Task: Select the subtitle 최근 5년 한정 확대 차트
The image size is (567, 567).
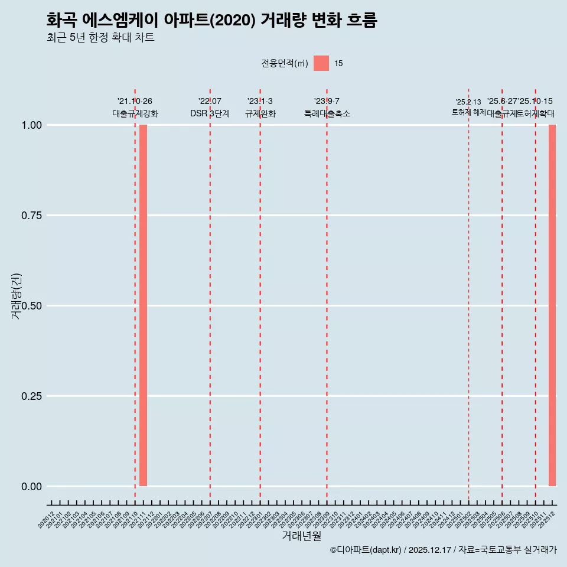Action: (100, 38)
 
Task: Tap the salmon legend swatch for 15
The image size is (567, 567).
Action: (321, 63)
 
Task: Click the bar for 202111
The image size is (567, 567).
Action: (144, 305)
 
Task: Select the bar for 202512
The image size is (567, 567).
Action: (552, 305)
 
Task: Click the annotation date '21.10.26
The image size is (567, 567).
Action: (135, 102)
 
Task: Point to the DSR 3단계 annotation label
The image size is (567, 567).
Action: (210, 113)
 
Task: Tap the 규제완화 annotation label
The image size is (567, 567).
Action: (260, 113)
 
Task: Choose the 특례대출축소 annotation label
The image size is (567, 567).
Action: (327, 113)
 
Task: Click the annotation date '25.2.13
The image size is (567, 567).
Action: (468, 102)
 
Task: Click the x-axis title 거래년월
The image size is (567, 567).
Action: (302, 536)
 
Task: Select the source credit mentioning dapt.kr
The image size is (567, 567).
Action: (443, 550)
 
